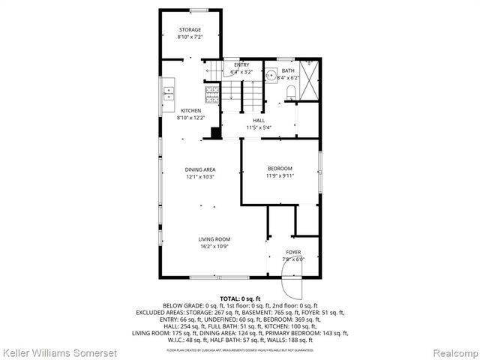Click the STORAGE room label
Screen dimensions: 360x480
tap(189, 30)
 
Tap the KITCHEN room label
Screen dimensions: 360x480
tap(190, 111)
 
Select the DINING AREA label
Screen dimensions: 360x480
tap(200, 169)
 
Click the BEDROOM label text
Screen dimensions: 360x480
tap(279, 168)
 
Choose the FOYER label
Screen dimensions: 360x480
tap(293, 252)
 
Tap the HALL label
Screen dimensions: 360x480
tap(259, 121)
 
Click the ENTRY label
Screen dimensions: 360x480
tap(241, 65)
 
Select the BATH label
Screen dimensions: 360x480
tap(288, 70)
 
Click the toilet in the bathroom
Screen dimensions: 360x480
tap(291, 91)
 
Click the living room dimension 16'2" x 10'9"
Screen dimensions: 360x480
tap(214, 246)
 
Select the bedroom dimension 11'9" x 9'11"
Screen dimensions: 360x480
tap(279, 175)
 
